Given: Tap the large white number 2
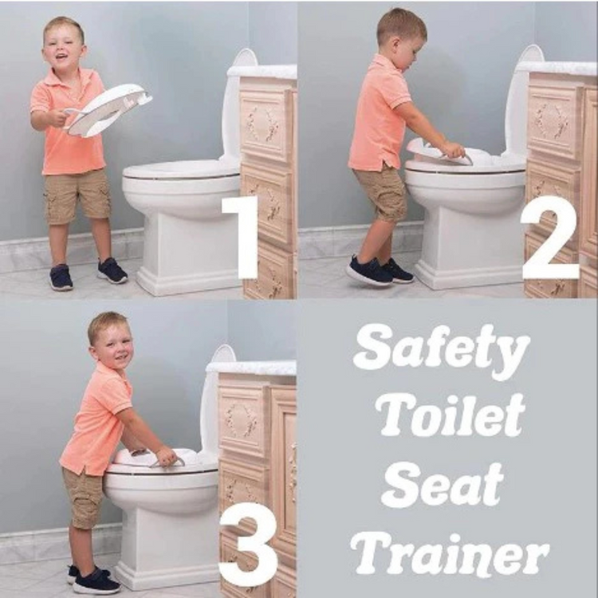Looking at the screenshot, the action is coord(550,238).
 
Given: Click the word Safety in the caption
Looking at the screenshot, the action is coord(442,351).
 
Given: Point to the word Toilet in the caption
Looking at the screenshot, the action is coord(450,415).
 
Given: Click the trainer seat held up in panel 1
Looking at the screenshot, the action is coord(108,112).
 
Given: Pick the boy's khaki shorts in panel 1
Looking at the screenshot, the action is coord(77,196).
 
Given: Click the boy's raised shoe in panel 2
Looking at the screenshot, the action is coord(368,272).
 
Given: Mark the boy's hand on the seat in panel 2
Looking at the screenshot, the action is coord(453,150).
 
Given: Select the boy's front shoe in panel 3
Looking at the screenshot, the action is coord(96,581).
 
